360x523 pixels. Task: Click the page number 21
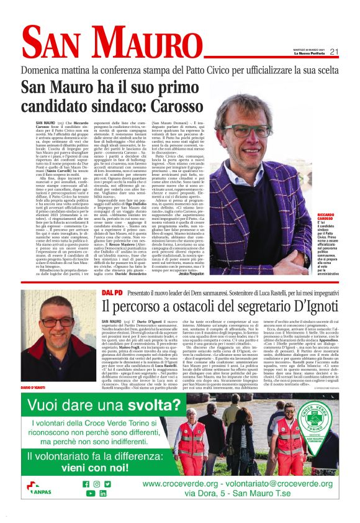coord(334,52)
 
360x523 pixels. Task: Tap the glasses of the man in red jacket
coord(58,322)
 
